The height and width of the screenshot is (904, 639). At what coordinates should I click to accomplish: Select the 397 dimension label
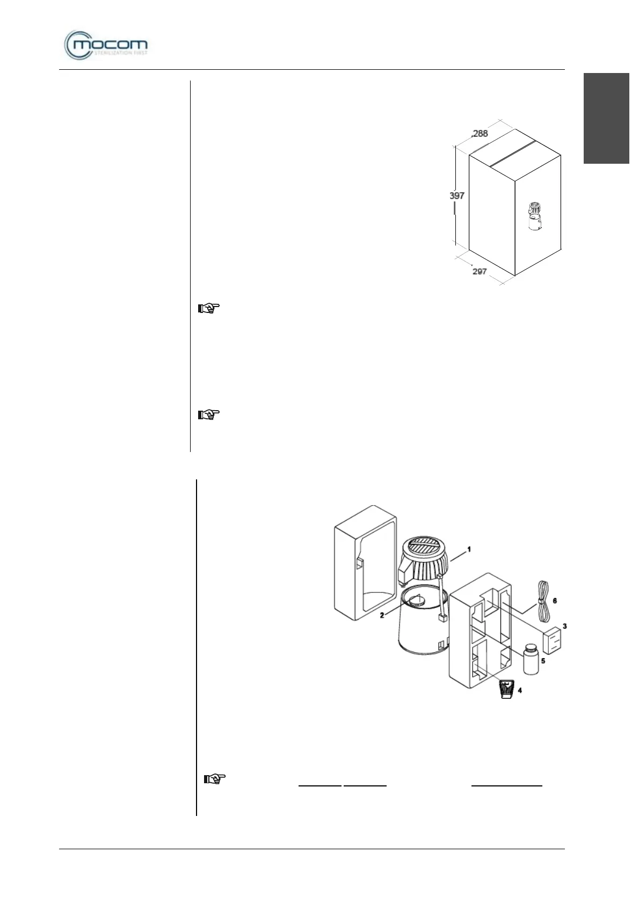[457, 196]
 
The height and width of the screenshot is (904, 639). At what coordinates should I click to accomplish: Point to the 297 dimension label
[480, 271]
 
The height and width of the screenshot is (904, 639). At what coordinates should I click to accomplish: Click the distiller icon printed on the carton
[535, 217]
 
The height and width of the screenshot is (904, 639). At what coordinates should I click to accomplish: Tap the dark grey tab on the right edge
[606, 118]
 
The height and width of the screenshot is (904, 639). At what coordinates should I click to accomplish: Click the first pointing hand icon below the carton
[209, 308]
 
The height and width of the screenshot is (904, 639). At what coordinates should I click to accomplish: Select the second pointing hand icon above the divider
[209, 414]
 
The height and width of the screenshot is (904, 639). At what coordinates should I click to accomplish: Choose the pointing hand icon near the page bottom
[215, 778]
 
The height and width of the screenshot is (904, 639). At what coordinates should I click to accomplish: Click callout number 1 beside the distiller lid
[469, 549]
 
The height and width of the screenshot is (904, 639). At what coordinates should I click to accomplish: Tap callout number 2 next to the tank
[382, 615]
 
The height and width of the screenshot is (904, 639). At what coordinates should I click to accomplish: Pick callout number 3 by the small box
[564, 626]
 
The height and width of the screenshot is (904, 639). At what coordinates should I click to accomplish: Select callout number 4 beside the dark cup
[519, 690]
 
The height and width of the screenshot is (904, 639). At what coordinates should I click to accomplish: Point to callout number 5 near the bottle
[543, 661]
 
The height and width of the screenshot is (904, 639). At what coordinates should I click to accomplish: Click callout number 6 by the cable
[555, 601]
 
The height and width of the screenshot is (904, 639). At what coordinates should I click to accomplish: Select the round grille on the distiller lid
[424, 550]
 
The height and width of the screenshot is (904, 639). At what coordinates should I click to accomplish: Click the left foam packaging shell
[365, 564]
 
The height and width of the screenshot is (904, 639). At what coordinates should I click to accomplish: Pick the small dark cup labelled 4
[506, 688]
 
